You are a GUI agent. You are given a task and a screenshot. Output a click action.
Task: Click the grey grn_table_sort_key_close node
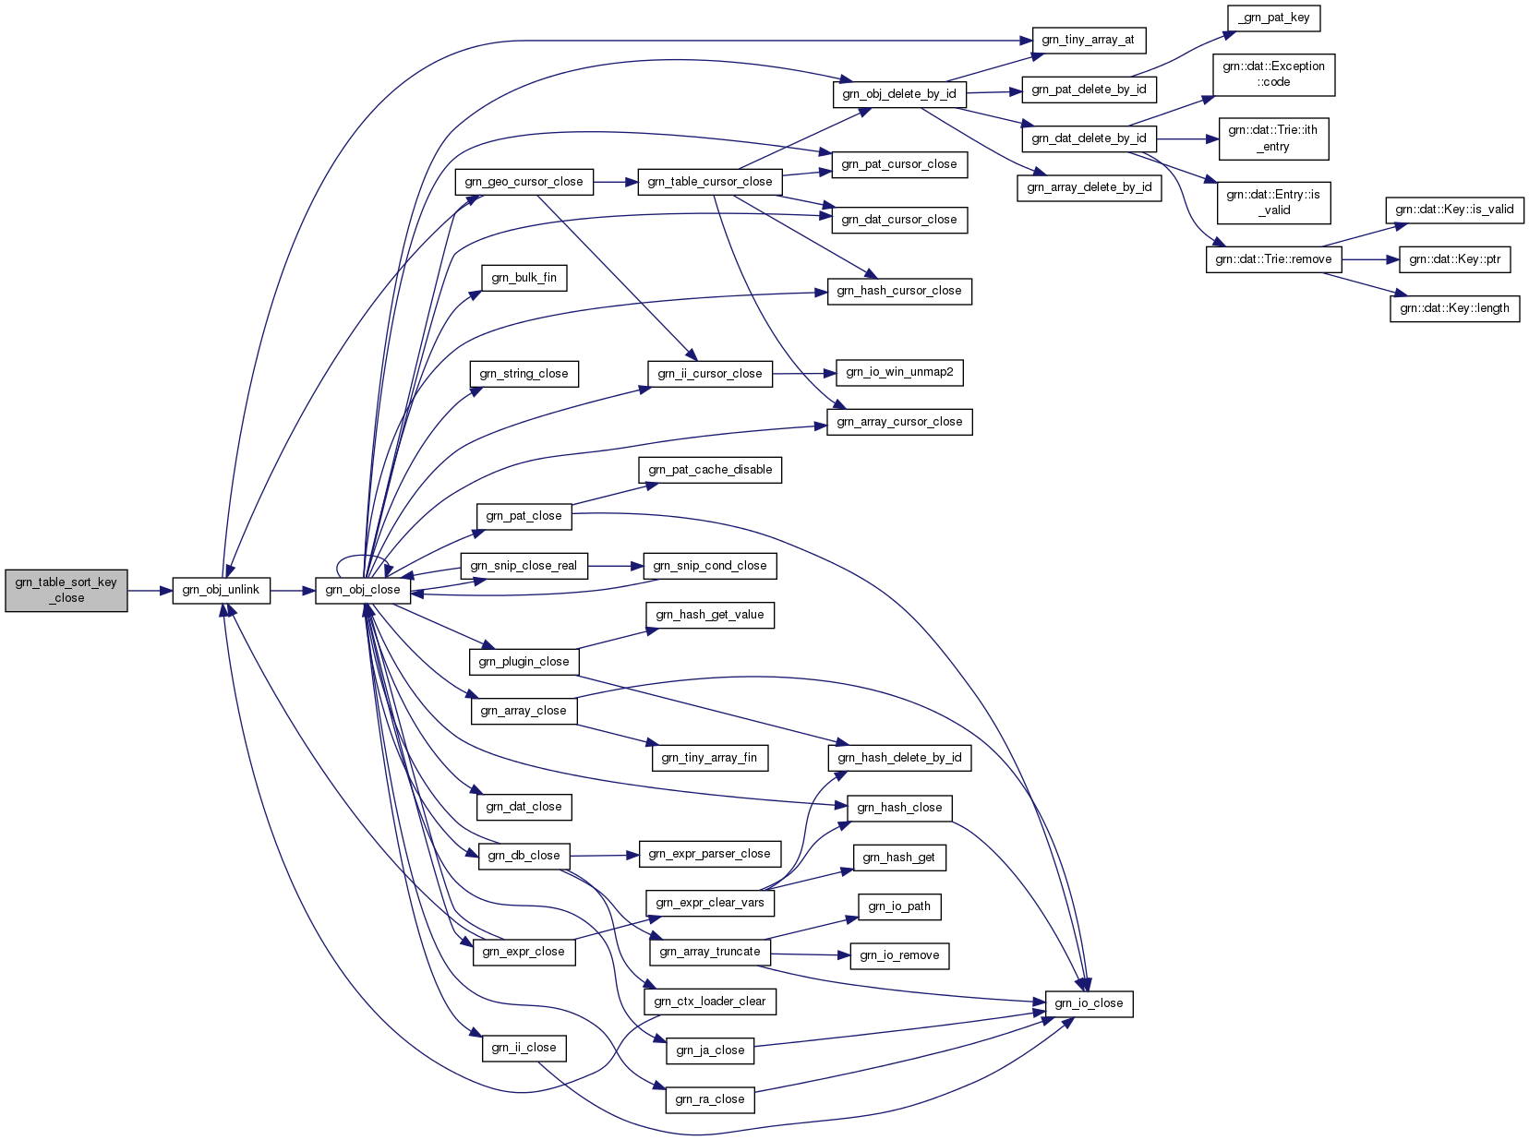coord(66,590)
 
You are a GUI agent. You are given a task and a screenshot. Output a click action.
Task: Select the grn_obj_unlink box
coord(221,590)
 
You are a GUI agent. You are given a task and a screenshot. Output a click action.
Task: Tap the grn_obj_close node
coord(363,590)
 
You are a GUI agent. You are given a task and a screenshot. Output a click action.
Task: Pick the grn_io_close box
coord(1089,1003)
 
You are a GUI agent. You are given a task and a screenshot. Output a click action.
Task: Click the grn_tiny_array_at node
coord(1088,41)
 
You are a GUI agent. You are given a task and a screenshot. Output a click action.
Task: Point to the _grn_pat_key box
coord(1273,18)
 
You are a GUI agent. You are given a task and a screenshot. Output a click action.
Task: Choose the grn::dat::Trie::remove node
coord(1273,259)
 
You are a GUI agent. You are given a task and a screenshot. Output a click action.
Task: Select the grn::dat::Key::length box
coord(1454,308)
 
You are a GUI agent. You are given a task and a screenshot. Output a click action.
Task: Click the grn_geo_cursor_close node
coord(524,182)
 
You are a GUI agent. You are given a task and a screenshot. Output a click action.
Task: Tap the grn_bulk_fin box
coord(524,278)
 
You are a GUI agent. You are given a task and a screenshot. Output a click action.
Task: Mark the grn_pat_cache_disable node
coord(710,470)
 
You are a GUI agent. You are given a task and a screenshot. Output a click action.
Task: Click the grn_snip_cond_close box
coord(710,566)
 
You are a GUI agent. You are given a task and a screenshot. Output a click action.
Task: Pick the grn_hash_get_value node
coord(710,615)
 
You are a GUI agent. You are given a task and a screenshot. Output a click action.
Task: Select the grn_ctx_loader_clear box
coord(710,1002)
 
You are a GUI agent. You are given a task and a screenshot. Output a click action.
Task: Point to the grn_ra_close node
coord(710,1099)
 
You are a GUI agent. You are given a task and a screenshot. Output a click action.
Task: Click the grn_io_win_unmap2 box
coord(899,373)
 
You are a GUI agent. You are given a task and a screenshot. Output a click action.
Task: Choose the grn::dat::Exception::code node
coord(1273,74)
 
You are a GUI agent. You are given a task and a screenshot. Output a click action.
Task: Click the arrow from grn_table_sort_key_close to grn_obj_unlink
coord(150,590)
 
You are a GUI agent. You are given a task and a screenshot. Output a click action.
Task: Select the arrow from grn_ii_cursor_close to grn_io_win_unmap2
coord(803,374)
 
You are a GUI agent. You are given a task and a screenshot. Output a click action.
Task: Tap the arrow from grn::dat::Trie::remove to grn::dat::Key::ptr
coord(1370,259)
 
